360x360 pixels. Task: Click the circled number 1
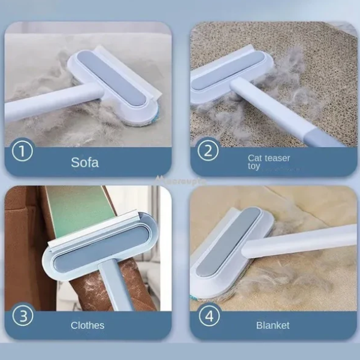point(22,150)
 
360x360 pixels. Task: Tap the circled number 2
point(208,150)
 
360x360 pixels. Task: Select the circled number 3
point(22,315)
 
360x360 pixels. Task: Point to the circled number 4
point(209,315)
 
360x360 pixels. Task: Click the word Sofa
point(85,162)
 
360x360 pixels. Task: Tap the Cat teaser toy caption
point(269,162)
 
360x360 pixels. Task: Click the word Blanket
point(273,325)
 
